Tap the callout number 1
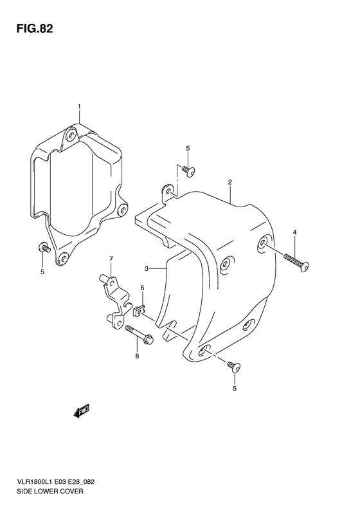pyautogui.click(x=79, y=106)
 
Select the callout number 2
pyautogui.click(x=230, y=183)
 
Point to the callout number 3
pyautogui.click(x=147, y=268)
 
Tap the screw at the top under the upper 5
pyautogui.click(x=189, y=170)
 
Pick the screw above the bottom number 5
pyautogui.click(x=234, y=367)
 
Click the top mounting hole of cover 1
pyautogui.click(x=71, y=135)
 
